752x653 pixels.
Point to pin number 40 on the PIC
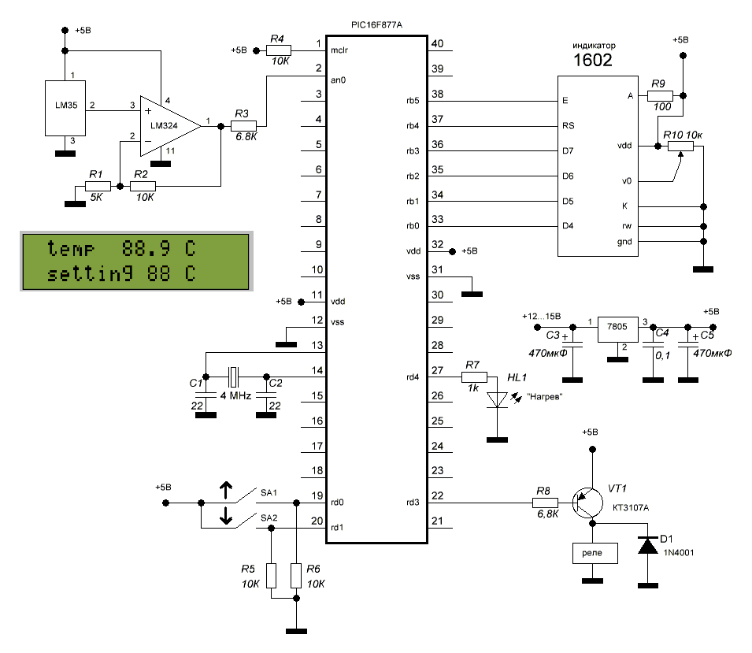point(438,43)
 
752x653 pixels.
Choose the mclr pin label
point(339,50)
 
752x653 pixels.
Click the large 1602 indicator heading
point(591,60)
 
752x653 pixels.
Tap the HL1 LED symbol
point(496,400)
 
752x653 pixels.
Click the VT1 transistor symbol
point(587,501)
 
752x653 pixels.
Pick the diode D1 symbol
point(648,546)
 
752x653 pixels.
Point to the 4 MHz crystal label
point(234,395)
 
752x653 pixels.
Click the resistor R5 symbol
point(272,576)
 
